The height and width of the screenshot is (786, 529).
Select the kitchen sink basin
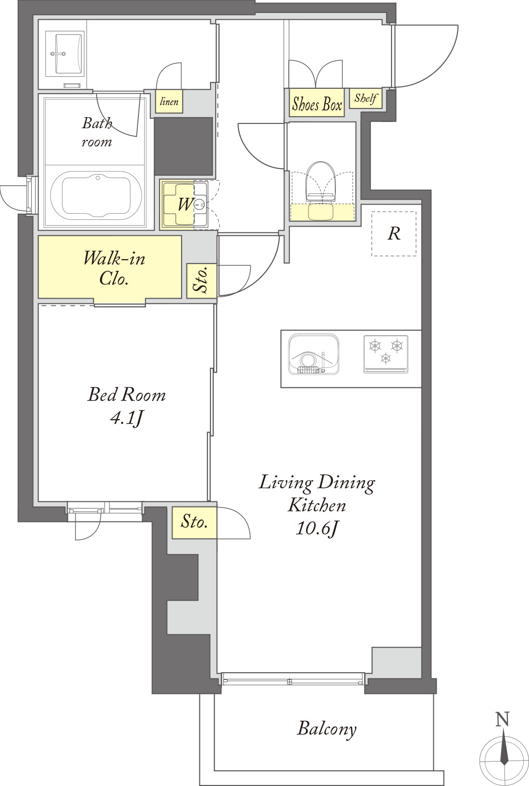click(x=313, y=354)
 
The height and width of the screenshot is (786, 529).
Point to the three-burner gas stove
click(x=386, y=354)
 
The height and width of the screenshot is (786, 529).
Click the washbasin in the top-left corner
click(x=64, y=53)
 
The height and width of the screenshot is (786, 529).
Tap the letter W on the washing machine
click(x=185, y=205)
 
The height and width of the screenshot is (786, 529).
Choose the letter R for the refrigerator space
click(x=394, y=233)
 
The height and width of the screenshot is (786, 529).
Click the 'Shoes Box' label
click(x=317, y=104)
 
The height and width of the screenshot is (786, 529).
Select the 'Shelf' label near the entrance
click(x=366, y=98)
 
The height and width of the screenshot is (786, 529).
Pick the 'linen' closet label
click(x=169, y=102)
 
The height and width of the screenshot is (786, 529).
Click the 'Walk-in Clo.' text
click(x=114, y=268)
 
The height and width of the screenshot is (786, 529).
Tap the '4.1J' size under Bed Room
click(x=127, y=418)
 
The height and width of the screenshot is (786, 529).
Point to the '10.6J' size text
click(x=317, y=528)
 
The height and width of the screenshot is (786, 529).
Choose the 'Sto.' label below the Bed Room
click(x=194, y=522)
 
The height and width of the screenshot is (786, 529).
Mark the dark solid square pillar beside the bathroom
click(x=183, y=146)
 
